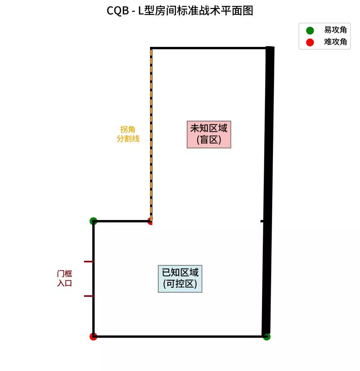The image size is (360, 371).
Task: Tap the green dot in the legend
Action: click(310, 31)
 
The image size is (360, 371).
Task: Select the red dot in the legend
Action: click(310, 42)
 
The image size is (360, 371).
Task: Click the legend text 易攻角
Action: click(336, 31)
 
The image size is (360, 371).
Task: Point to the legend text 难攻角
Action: click(336, 42)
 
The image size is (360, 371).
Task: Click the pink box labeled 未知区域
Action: click(209, 134)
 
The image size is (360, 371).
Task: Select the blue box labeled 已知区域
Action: click(180, 278)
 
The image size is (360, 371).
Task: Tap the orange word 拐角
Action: click(127, 129)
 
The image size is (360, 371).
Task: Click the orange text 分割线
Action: click(128, 139)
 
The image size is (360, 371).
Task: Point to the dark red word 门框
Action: click(64, 274)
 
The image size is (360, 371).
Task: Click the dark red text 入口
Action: click(64, 283)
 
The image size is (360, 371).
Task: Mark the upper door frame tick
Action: click(89, 261)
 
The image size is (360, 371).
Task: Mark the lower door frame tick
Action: click(89, 296)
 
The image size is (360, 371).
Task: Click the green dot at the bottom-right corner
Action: click(267, 337)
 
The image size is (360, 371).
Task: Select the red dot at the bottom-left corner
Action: click(93, 337)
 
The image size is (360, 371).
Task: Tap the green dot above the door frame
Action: click(93, 221)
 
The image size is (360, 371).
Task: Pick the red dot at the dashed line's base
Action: click(150, 221)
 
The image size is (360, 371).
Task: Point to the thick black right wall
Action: click(268, 187)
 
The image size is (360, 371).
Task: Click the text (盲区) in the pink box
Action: click(209, 140)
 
